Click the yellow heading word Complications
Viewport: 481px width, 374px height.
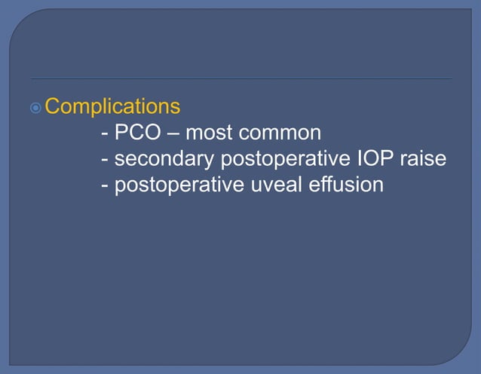112,106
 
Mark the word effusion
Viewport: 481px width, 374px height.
346,185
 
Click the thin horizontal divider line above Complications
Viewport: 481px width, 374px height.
241,78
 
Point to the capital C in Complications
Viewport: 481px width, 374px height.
53,106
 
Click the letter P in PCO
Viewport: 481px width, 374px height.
121,133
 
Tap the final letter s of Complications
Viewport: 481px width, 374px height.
175,106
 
